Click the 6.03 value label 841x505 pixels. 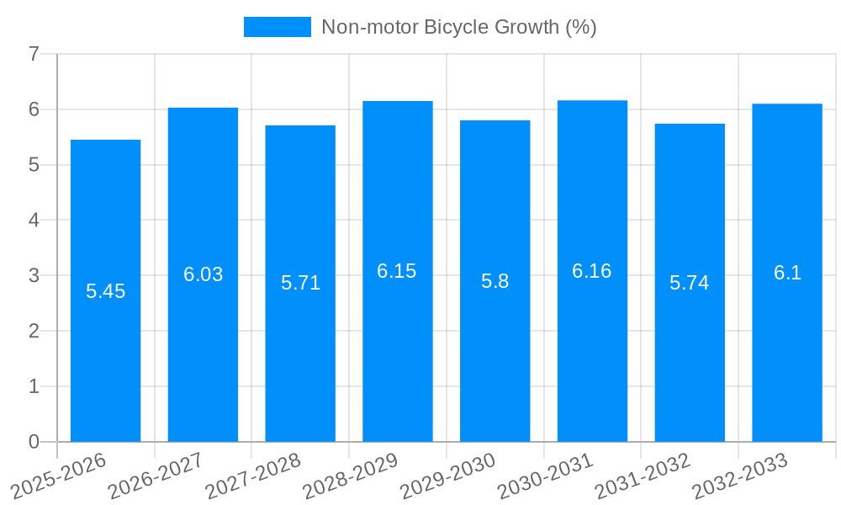(x=204, y=274)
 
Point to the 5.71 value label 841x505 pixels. (x=300, y=283)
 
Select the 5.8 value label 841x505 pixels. (x=495, y=281)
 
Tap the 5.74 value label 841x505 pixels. (x=690, y=283)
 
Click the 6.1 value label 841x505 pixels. (x=787, y=273)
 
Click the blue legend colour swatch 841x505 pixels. (x=277, y=27)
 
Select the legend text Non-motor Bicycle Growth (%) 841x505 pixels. (x=458, y=27)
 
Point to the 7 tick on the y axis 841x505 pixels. (x=34, y=55)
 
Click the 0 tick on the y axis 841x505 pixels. (x=34, y=442)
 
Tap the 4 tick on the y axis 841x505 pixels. (x=34, y=221)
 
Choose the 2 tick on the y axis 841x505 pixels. (x=34, y=331)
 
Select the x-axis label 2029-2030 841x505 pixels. (x=448, y=476)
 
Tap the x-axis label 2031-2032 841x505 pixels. (x=643, y=476)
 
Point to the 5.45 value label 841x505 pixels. (x=105, y=291)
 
